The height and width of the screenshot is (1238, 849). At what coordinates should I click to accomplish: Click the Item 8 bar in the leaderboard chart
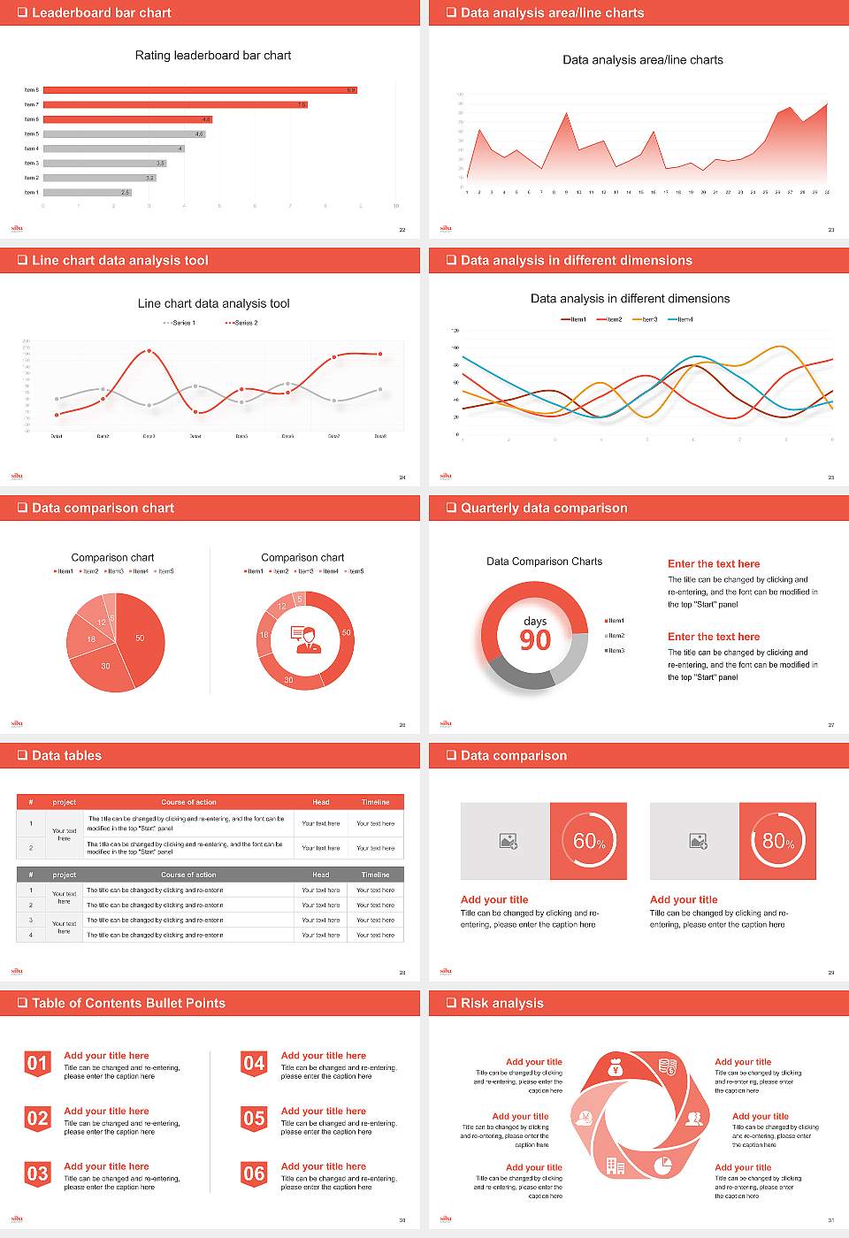(200, 90)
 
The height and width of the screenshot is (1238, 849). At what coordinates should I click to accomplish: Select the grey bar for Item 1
(87, 192)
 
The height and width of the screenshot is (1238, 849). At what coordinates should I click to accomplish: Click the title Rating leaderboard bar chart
(213, 56)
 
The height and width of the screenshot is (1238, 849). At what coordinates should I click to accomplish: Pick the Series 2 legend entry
(241, 323)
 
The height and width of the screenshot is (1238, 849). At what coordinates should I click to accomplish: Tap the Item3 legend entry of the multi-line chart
(646, 319)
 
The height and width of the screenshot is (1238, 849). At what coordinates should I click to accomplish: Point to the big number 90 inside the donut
(535, 640)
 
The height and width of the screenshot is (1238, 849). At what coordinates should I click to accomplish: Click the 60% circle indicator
(589, 841)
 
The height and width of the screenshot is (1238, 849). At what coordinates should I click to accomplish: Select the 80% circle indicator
(778, 841)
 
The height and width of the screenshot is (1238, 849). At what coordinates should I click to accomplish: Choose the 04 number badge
(254, 1064)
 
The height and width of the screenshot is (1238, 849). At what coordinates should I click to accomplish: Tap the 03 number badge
(37, 1174)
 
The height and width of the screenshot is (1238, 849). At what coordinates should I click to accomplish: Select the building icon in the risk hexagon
(616, 1166)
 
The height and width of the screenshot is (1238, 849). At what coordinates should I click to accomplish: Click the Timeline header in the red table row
(375, 802)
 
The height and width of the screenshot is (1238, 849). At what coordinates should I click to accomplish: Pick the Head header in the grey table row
(321, 875)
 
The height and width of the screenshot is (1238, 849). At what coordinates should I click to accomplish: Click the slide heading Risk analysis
(501, 1004)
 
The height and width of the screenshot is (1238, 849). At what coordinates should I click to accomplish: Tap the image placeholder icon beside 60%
(509, 841)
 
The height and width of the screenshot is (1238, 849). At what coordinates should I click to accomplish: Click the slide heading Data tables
(66, 756)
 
